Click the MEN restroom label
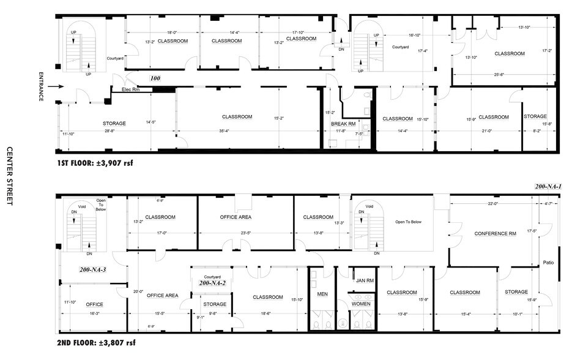coord(322,294)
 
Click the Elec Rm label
coord(132,90)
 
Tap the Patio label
coord(548,263)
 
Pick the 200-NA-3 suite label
coord(93,269)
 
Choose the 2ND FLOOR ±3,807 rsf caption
coord(96,343)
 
